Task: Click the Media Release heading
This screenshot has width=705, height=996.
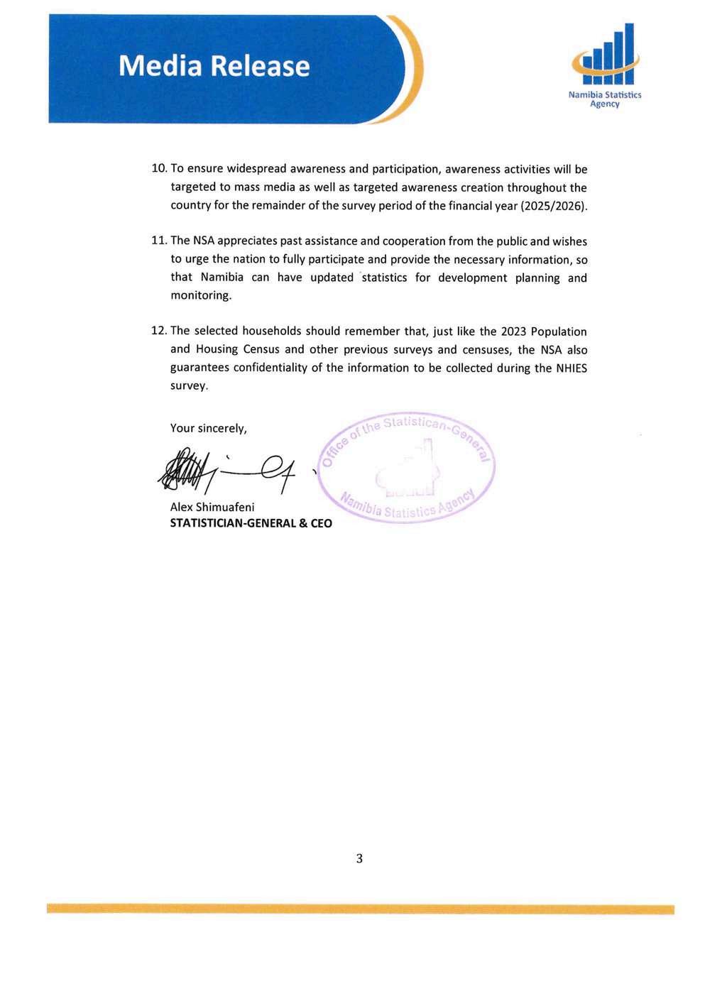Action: pos(214,66)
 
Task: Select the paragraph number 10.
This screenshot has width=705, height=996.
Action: pos(159,169)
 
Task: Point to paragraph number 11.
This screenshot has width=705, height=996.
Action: pos(159,241)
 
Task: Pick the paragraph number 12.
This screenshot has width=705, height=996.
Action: pos(159,332)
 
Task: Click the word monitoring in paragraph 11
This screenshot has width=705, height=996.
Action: pos(200,295)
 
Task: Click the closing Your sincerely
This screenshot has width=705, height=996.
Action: pos(209,428)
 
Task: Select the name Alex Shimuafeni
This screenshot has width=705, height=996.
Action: pos(212,507)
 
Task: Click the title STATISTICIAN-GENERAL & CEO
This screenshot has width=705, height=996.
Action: pos(251,523)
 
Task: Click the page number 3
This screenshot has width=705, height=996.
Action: pos(359,858)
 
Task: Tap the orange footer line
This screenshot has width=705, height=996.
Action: pos(360,909)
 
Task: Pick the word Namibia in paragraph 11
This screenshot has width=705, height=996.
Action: pos(222,278)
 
